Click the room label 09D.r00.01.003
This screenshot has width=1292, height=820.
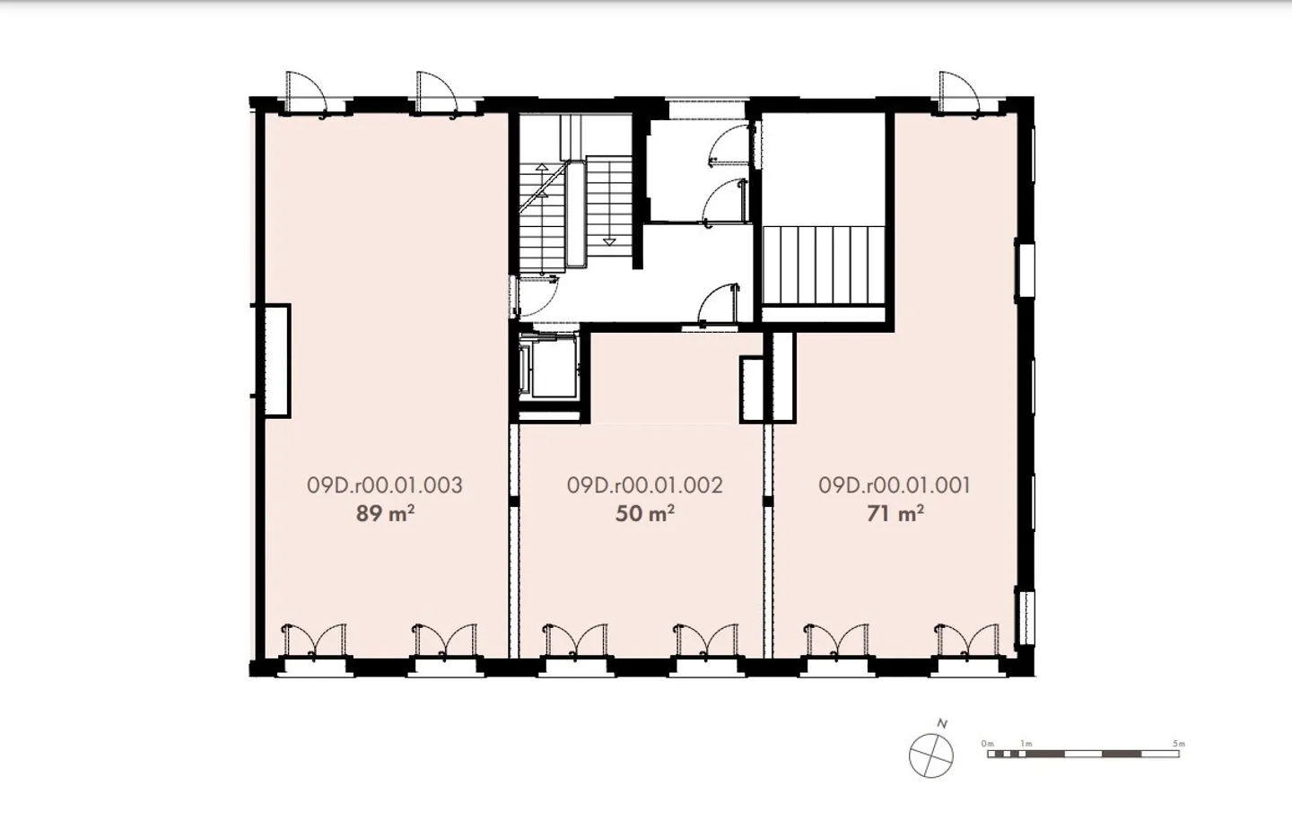tap(385, 485)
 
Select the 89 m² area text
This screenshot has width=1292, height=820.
tap(385, 513)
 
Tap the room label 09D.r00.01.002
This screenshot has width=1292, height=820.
tap(645, 485)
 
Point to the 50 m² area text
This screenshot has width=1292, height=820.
tap(645, 513)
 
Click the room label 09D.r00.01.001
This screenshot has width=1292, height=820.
tap(895, 485)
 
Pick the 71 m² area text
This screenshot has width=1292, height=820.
tap(895, 513)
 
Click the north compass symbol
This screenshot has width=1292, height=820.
tap(931, 756)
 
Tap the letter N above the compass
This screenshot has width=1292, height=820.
tap(942, 724)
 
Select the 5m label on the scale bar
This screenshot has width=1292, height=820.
tap(1178, 744)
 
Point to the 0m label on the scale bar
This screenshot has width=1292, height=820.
tap(988, 744)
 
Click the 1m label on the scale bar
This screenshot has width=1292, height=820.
tap(1026, 744)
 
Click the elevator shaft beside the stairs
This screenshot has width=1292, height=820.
tap(548, 367)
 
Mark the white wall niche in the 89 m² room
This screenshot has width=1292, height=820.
tap(277, 361)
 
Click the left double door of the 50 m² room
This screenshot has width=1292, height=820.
tap(575, 641)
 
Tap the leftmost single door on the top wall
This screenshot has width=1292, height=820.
tap(307, 94)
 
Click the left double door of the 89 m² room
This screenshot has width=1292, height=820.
tap(313, 641)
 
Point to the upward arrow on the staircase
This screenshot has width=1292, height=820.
tap(542, 180)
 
